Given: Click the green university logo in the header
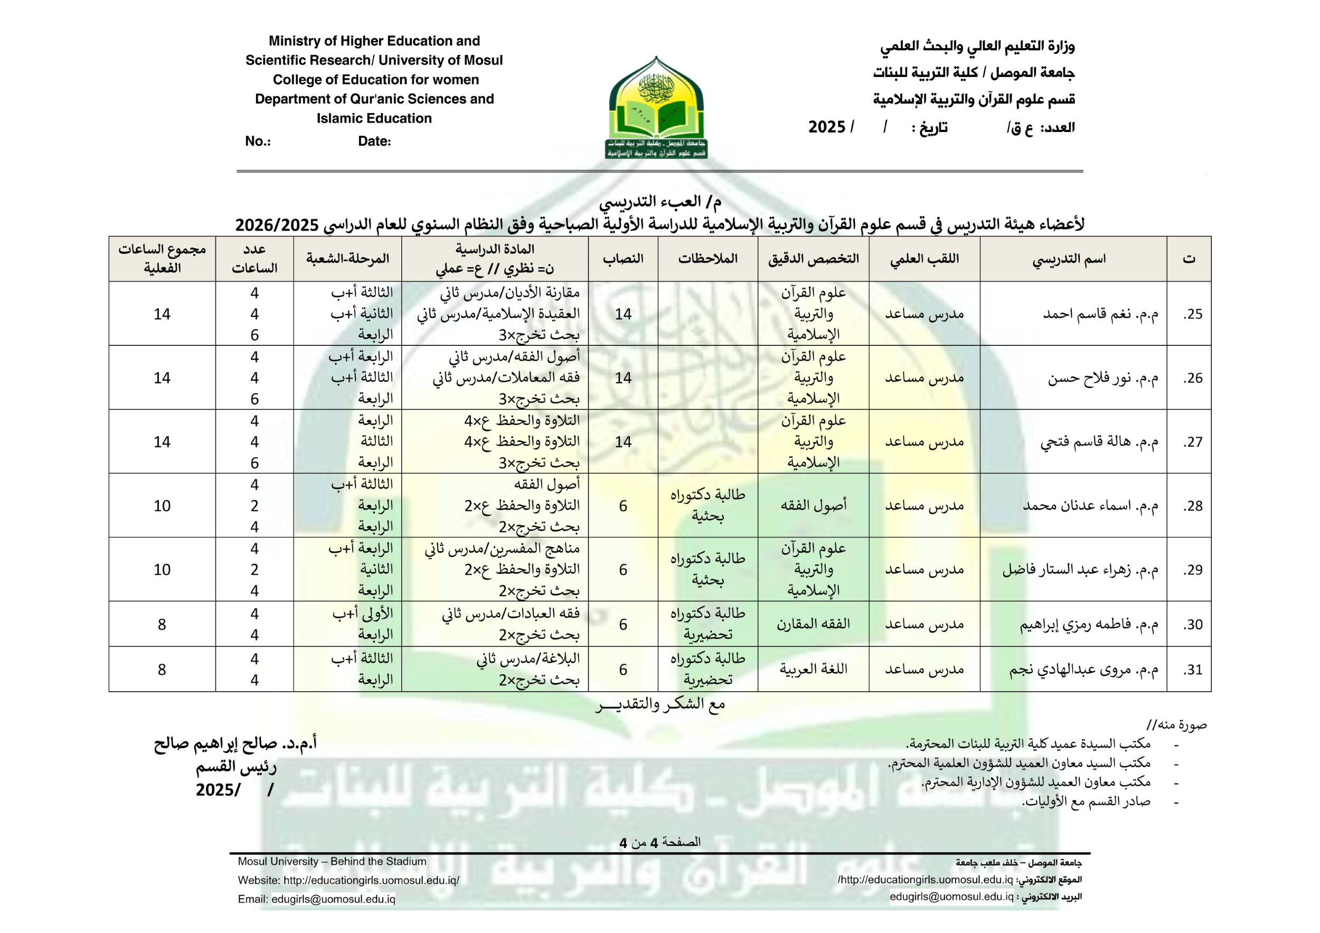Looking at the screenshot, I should [x=656, y=108].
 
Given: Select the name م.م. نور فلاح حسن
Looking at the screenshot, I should [x=1102, y=378].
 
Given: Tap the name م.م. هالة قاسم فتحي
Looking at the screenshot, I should [x=1099, y=441].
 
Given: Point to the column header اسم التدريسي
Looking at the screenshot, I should [x=1069, y=259].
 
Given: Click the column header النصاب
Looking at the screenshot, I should [x=623, y=259].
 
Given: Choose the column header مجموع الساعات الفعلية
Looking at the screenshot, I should [x=162, y=259].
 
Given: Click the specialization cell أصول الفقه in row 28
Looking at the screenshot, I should [x=813, y=505].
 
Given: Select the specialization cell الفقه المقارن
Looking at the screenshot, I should [x=813, y=624].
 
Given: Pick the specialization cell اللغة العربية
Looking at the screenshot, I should [x=813, y=668].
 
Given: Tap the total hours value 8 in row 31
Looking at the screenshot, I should [x=162, y=669].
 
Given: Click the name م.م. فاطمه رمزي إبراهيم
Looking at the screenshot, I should [x=1089, y=624].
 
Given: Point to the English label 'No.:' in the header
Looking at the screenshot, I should [x=258, y=142].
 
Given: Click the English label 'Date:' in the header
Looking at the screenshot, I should [x=374, y=142].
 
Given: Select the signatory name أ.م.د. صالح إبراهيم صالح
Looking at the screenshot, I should [x=235, y=743].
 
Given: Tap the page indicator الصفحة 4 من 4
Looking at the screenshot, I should [x=659, y=842].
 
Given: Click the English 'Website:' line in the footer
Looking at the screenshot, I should [x=348, y=880].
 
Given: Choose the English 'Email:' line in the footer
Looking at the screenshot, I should [x=316, y=899].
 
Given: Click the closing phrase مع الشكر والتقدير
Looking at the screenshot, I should [x=660, y=704].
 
